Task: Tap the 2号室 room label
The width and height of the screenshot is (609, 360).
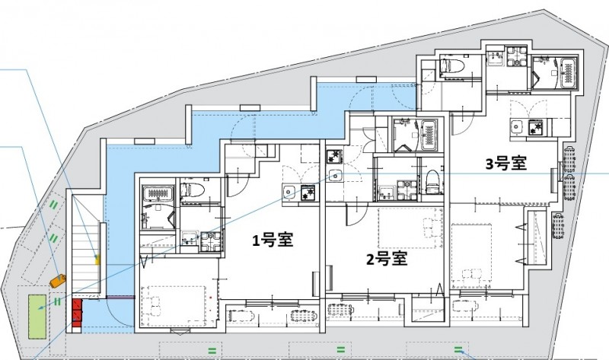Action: tap(386, 259)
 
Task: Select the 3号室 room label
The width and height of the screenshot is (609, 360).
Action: tap(506, 163)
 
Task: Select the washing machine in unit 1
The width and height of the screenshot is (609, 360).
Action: tap(209, 242)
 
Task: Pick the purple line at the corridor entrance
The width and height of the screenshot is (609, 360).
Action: tap(98, 298)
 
